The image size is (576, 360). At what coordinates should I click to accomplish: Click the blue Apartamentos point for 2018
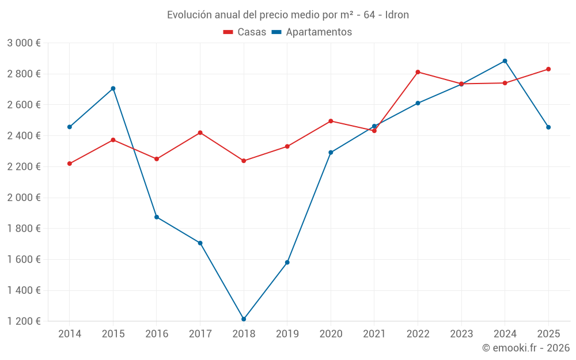[244, 319]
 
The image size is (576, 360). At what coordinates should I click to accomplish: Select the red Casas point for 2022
[418, 72]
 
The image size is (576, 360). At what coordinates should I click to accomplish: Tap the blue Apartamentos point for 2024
[505, 61]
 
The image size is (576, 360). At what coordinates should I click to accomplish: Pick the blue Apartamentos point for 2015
[113, 89]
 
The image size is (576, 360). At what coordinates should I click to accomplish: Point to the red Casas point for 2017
[200, 132]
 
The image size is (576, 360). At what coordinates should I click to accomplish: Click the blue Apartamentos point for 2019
[287, 263]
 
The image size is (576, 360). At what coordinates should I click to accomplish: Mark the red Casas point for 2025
[548, 69]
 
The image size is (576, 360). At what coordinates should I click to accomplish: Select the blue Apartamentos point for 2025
[548, 127]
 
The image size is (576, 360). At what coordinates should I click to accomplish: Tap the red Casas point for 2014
[70, 164]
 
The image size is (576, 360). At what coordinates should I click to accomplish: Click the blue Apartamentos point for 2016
[157, 217]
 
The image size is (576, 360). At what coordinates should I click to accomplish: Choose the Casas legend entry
[245, 32]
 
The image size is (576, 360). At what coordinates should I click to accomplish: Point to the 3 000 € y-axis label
[24, 43]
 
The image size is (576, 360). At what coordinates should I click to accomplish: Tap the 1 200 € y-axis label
[24, 321]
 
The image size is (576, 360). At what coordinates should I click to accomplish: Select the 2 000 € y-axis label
[24, 198]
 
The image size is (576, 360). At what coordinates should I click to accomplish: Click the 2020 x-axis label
[331, 334]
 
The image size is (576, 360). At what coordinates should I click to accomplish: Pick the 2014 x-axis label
[70, 334]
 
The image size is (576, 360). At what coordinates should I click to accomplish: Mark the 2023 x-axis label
[461, 334]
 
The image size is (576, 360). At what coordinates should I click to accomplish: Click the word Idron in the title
[397, 15]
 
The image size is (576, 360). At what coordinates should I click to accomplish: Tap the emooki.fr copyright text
[526, 348]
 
